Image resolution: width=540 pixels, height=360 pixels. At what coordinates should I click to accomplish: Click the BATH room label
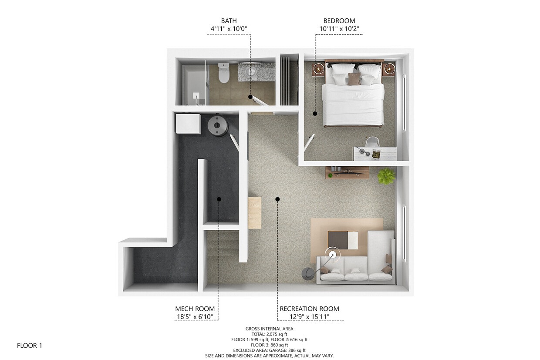pyautogui.click(x=229, y=20)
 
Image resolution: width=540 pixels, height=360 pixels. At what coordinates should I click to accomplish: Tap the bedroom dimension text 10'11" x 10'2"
pyautogui.click(x=339, y=29)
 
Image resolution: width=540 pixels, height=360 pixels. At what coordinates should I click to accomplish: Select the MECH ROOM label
pyautogui.click(x=195, y=309)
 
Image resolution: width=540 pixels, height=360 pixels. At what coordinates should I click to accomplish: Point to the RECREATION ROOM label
pyautogui.click(x=309, y=309)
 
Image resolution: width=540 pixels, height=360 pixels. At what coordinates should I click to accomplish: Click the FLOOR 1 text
pyautogui.click(x=30, y=346)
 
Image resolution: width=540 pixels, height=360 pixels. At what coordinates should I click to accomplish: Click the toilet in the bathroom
pyautogui.click(x=223, y=73)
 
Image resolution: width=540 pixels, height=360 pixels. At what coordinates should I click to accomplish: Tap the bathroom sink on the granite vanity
pyautogui.click(x=252, y=71)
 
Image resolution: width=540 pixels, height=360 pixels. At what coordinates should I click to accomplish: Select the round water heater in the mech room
pyautogui.click(x=218, y=125)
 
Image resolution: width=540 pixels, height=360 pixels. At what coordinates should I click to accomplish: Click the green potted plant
pyautogui.click(x=386, y=176)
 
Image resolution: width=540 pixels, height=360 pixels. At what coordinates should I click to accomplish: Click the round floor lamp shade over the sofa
pyautogui.click(x=333, y=255)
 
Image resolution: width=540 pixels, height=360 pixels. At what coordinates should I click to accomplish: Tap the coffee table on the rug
pyautogui.click(x=343, y=240)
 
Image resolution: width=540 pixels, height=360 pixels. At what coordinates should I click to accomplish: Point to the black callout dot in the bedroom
pyautogui.click(x=314, y=113)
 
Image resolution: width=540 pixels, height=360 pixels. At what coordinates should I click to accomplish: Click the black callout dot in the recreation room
pyautogui.click(x=277, y=199)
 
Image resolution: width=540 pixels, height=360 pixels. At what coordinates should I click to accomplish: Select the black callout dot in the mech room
pyautogui.click(x=219, y=199)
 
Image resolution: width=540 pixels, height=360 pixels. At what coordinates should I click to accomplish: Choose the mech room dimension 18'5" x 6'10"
pyautogui.click(x=195, y=317)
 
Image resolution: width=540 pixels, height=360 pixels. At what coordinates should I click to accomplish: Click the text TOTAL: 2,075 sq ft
pyautogui.click(x=269, y=334)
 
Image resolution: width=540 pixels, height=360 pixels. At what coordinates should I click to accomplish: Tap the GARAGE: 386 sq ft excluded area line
pyautogui.click(x=269, y=350)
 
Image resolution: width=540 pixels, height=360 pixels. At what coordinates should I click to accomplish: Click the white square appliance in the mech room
pyautogui.click(x=188, y=124)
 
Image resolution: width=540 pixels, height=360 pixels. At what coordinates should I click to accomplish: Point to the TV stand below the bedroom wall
pyautogui.click(x=347, y=172)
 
